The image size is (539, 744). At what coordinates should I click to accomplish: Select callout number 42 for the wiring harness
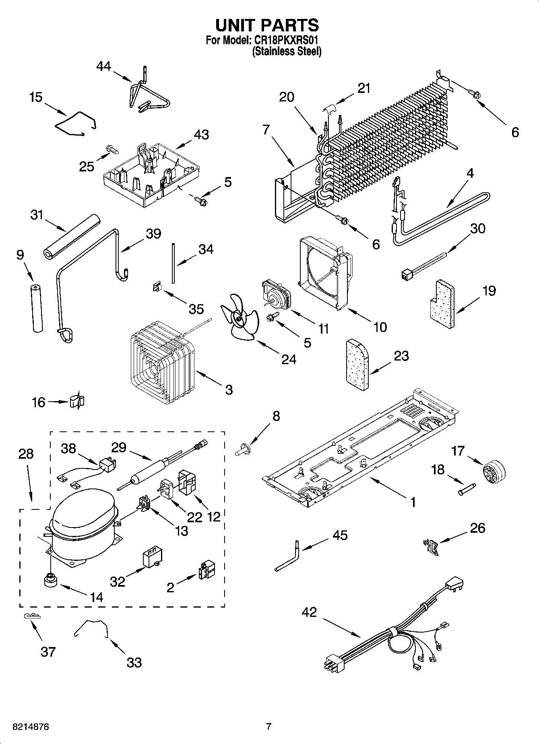point(310,613)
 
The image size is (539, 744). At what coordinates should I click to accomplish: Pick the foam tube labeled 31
point(72,235)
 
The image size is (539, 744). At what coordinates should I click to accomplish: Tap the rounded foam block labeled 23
point(357,365)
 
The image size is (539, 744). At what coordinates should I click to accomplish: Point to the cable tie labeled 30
point(423,265)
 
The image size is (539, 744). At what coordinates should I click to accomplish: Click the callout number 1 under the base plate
point(413,503)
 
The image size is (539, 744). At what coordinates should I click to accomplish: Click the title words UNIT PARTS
point(267,25)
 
